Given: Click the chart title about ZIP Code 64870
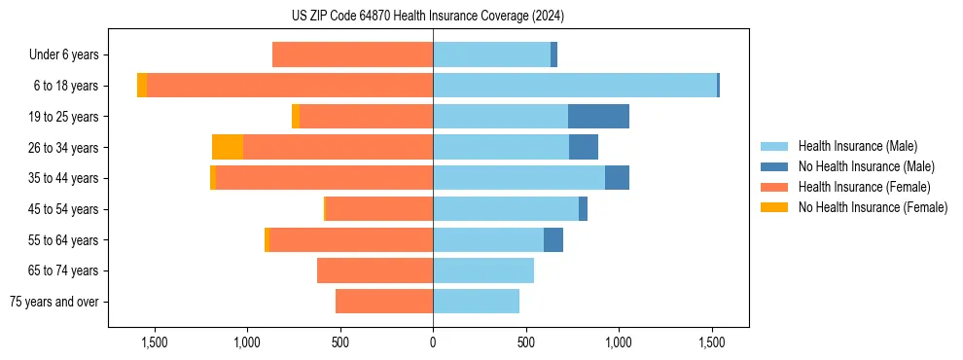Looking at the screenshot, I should tap(481, 17).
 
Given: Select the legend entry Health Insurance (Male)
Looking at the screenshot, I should tap(857, 146).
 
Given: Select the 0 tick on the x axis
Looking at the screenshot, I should tap(433, 342).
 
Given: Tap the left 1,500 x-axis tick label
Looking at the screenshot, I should tap(155, 342).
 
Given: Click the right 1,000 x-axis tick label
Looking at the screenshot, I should tap(619, 342).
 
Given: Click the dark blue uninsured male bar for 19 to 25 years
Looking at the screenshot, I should tap(598, 117).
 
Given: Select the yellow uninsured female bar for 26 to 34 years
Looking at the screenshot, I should tap(228, 147).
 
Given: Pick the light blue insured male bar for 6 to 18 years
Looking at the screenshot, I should tap(574, 86).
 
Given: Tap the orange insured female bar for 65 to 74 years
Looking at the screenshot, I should tap(374, 270).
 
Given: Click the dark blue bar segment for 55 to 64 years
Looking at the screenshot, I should tap(553, 239).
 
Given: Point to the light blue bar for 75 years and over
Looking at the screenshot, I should tap(476, 302).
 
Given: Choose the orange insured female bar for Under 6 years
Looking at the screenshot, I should tap(352, 55).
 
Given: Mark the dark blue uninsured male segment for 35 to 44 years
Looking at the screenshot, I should tap(617, 178).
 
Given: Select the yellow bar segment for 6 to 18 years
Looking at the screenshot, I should tap(142, 86).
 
